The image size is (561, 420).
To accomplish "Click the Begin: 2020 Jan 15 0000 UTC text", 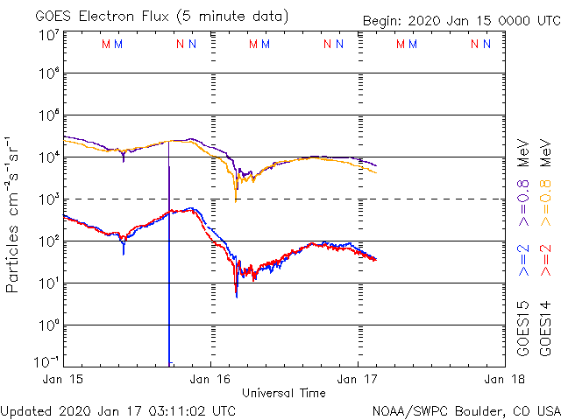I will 461,21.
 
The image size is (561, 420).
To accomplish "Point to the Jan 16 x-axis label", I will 210,379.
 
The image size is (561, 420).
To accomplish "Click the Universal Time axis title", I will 284,392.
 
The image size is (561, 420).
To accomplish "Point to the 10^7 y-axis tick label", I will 47,35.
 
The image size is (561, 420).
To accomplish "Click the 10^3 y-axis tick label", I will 47,199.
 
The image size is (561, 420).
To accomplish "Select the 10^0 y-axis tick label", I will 47,325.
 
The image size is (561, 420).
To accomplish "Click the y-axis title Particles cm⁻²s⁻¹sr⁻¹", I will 14,213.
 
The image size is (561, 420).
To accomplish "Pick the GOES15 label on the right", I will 523,328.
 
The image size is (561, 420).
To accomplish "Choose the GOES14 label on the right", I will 545,328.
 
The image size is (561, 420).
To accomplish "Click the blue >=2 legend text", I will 523,261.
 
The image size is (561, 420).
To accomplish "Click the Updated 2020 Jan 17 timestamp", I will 118,409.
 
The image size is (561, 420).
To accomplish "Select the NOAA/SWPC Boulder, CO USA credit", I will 465,409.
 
